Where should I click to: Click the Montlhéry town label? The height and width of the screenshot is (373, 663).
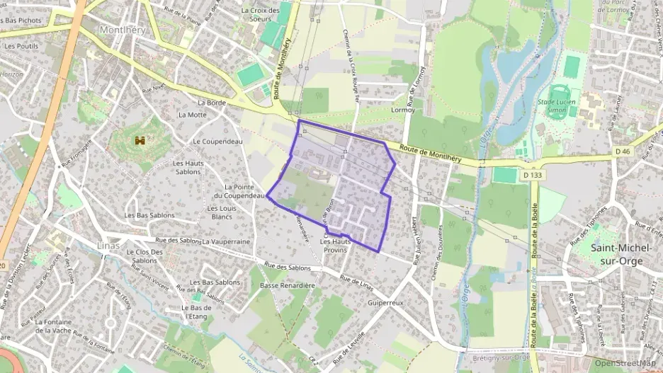[123, 30]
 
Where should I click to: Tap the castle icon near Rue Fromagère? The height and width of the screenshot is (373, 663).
[140, 141]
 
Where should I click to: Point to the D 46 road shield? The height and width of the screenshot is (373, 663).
[623, 151]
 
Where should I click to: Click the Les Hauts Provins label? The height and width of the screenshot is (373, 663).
[336, 246]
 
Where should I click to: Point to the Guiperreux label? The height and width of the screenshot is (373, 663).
[385, 302]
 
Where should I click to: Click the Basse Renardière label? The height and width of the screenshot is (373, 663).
[287, 285]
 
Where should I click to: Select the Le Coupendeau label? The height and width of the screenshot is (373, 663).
[217, 141]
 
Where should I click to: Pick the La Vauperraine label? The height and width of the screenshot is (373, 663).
[226, 241]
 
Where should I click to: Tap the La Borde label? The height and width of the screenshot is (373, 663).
[212, 103]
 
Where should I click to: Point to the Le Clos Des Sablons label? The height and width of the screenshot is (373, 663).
[144, 256]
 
